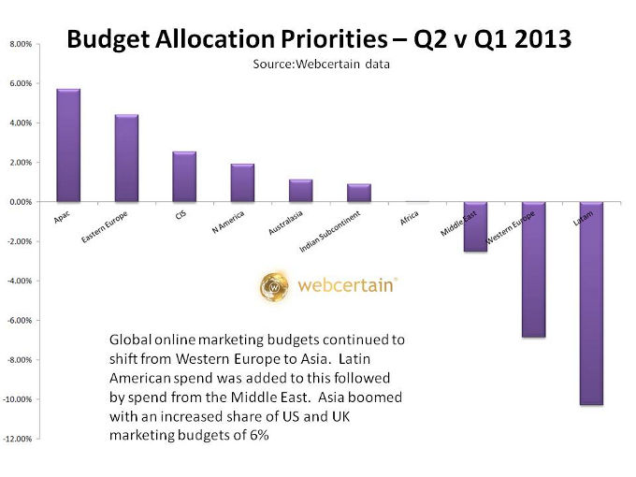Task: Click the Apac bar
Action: coord(68,145)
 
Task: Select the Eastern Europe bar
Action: coord(126,158)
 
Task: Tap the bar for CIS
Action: coord(184,177)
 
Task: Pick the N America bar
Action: coord(242,183)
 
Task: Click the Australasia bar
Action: coord(300,191)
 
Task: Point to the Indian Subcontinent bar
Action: coord(358,193)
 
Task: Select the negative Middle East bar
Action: coord(475,226)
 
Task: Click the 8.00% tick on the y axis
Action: coord(22,44)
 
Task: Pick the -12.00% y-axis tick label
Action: coord(20,439)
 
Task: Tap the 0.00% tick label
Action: coord(22,202)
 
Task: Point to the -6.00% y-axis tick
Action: coord(21,320)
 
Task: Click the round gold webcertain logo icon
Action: coord(276,286)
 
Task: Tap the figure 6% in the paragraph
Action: coord(258,436)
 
